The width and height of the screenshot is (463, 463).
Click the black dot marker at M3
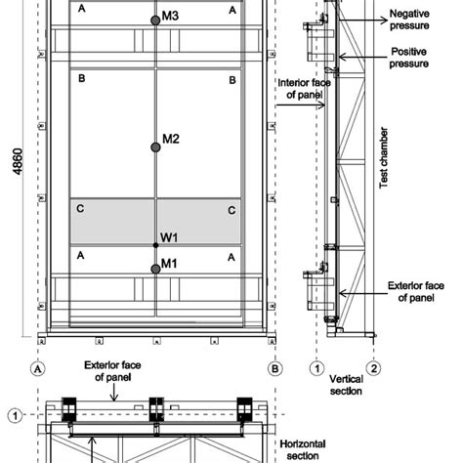(x=155, y=20)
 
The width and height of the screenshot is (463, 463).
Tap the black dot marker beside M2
(x=155, y=147)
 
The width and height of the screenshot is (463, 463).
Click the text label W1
(x=170, y=237)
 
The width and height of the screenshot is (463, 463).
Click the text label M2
(x=171, y=139)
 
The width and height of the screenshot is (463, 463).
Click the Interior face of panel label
(x=304, y=99)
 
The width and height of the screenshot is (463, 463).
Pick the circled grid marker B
(x=275, y=369)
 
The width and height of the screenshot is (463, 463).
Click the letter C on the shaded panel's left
(x=80, y=210)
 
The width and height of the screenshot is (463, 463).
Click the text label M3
(x=171, y=17)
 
